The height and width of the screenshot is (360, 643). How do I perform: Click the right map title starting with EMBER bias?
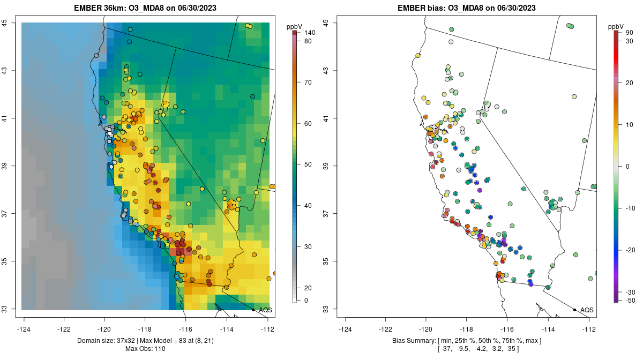(x=467, y=7)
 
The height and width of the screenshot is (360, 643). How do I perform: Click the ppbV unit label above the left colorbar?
(x=294, y=26)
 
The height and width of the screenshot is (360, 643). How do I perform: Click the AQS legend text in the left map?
(x=265, y=310)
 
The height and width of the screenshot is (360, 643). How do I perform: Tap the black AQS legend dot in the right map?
(x=574, y=310)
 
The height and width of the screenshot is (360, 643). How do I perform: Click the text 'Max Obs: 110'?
(x=146, y=349)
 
